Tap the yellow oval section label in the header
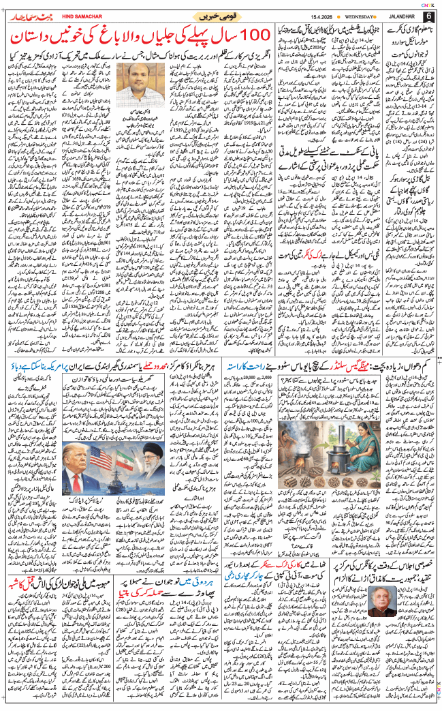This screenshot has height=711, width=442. coord(221,14)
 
